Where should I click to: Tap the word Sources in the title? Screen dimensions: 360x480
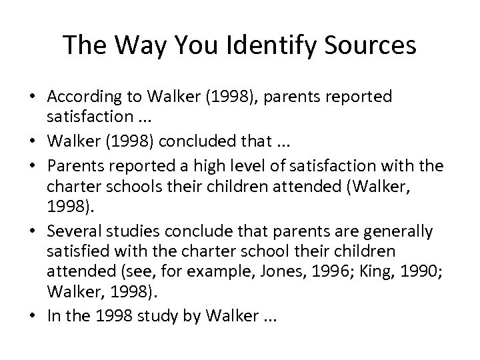coord(366,45)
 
